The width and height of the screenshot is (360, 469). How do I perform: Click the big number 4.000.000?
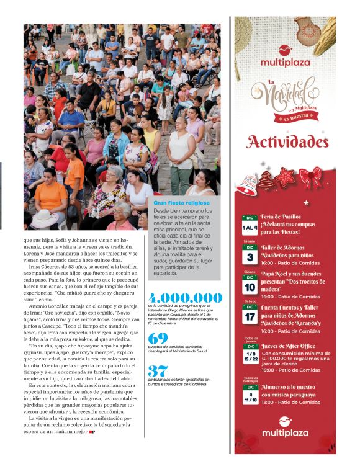point(184,297)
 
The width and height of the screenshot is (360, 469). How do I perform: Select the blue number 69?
point(158,338)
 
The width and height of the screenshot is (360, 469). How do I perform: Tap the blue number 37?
point(158,371)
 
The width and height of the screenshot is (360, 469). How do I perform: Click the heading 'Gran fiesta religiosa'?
point(181,203)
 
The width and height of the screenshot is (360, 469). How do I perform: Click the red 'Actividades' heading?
point(287,142)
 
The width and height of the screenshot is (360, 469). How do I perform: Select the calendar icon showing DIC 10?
point(250,286)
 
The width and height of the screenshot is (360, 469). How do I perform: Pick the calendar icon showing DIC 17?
point(250,315)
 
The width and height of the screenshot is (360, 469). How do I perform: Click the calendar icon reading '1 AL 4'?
point(250,224)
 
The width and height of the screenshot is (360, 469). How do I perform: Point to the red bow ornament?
point(310,176)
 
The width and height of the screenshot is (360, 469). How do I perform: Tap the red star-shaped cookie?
point(286,177)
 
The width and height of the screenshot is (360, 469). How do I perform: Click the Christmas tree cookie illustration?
point(267,180)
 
